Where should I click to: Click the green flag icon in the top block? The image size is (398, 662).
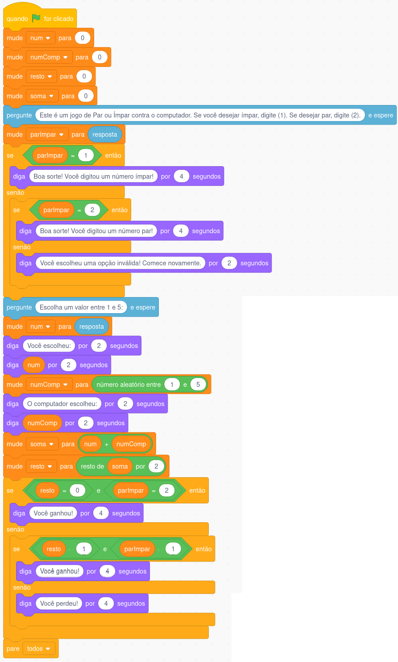[36, 18]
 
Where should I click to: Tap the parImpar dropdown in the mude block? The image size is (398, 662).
[47, 134]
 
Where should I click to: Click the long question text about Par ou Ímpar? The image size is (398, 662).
[200, 115]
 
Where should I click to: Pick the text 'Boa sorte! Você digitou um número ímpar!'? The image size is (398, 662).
[93, 176]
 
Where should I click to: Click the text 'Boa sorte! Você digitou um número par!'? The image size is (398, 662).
[96, 231]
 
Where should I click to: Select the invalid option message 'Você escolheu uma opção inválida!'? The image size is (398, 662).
[120, 263]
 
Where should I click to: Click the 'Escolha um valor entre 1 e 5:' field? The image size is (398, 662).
[81, 307]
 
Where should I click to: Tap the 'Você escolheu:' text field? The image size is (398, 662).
[49, 346]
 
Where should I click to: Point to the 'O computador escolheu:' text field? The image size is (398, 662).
[62, 404]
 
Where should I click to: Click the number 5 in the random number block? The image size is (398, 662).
[198, 385]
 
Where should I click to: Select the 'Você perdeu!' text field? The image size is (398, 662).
[59, 603]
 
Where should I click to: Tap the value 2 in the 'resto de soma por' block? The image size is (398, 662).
[156, 466]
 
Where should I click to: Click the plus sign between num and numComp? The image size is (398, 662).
[107, 444]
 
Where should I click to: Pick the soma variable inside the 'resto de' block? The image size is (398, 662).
[120, 466]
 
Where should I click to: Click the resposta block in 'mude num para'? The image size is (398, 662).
[91, 327]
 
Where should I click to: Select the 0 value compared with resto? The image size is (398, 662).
[77, 490]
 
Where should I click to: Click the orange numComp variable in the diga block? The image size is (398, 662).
[42, 423]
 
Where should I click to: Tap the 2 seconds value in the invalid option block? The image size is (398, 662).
[229, 263]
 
